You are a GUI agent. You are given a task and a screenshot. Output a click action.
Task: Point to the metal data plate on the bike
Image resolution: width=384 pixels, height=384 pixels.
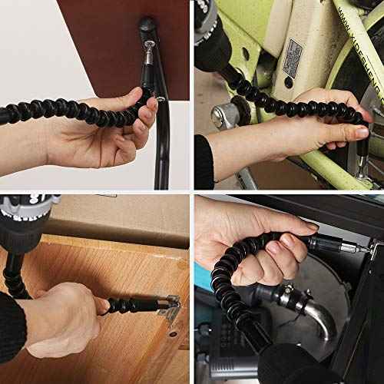pos(293,61)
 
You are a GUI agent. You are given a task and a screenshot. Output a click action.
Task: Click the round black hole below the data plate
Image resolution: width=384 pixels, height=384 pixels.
pos(288,82)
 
